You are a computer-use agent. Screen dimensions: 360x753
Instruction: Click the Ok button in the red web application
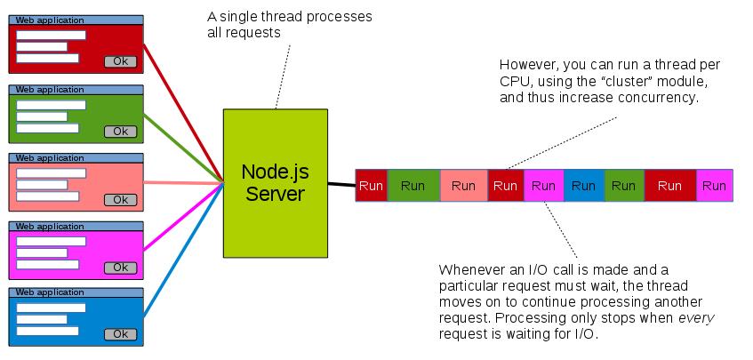(x=120, y=61)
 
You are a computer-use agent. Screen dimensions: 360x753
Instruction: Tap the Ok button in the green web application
(x=120, y=132)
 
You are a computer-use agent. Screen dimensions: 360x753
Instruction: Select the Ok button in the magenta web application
(x=120, y=268)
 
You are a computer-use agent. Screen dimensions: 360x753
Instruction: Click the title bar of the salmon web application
(x=76, y=157)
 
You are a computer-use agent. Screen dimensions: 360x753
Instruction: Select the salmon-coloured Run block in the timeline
(x=463, y=186)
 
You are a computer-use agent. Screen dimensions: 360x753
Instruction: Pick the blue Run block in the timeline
(x=583, y=186)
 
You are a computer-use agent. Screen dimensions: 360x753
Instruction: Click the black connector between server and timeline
(x=340, y=185)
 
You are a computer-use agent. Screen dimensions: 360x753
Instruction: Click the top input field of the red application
(x=51, y=36)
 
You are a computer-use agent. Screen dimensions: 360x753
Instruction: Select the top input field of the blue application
(x=51, y=308)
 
